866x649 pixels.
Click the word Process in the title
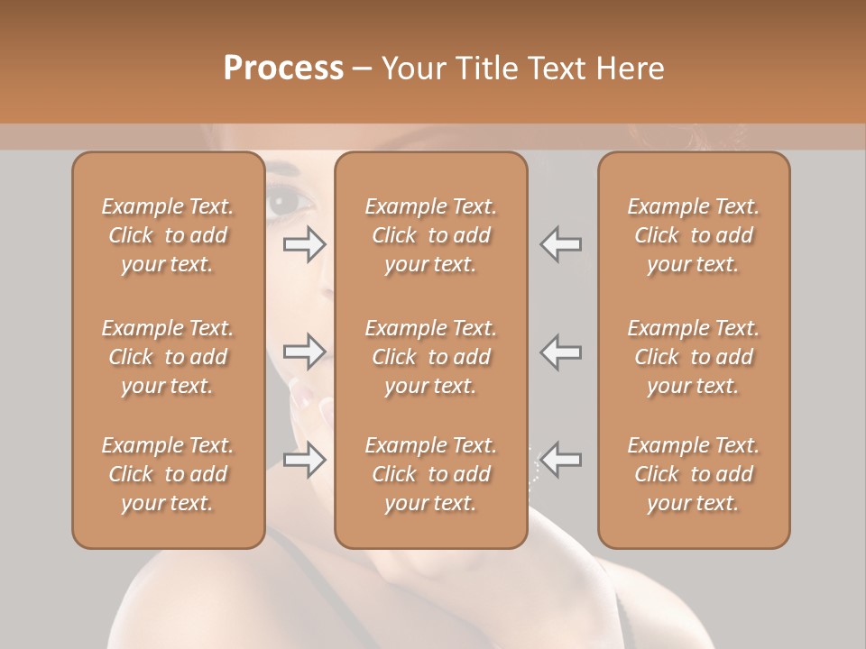point(283,69)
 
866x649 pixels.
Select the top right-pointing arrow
point(305,244)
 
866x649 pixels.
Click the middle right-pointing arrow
point(305,352)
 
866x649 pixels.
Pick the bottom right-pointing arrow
point(305,460)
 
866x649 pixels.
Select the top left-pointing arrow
point(561,244)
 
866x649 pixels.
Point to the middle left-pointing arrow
point(561,352)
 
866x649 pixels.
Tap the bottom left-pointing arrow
point(561,460)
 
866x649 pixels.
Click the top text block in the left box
point(168,235)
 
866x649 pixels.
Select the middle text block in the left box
point(168,357)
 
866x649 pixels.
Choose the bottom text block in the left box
point(168,474)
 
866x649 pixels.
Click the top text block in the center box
point(431,235)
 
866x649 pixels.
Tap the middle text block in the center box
point(431,357)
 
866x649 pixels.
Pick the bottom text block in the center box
point(431,474)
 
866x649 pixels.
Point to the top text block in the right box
point(694,235)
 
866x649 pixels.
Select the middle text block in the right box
point(694,357)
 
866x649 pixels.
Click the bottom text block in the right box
point(694,474)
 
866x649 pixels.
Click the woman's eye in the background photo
point(285,202)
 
